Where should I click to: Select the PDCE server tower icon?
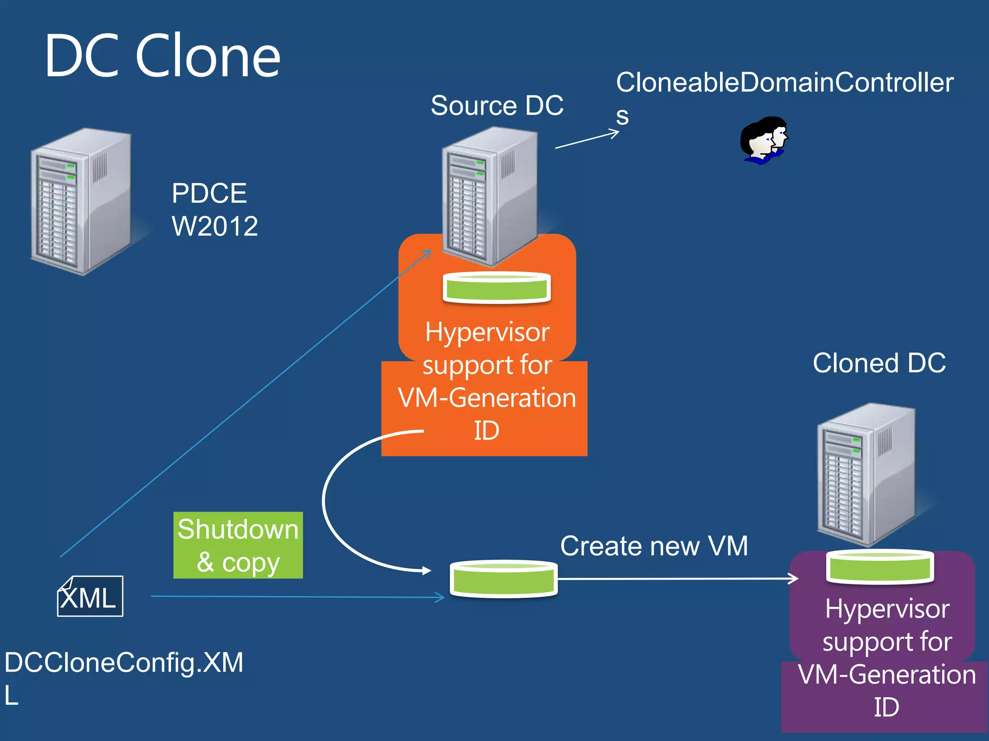(81, 202)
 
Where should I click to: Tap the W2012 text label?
(215, 226)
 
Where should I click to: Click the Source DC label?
(497, 105)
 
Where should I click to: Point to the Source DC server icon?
(489, 195)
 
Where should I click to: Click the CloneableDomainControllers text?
(784, 82)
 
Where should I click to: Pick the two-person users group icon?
(763, 140)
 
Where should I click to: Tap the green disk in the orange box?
(496, 288)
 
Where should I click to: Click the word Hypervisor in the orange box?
(487, 332)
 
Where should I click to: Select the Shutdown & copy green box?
(238, 545)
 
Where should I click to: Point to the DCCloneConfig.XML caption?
(124, 662)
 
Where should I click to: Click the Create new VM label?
(654, 546)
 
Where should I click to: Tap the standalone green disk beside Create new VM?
(503, 578)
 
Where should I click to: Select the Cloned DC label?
(879, 363)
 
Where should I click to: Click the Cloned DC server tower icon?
(866, 475)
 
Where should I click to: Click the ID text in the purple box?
(886, 707)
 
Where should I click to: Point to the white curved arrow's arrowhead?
(426, 571)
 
